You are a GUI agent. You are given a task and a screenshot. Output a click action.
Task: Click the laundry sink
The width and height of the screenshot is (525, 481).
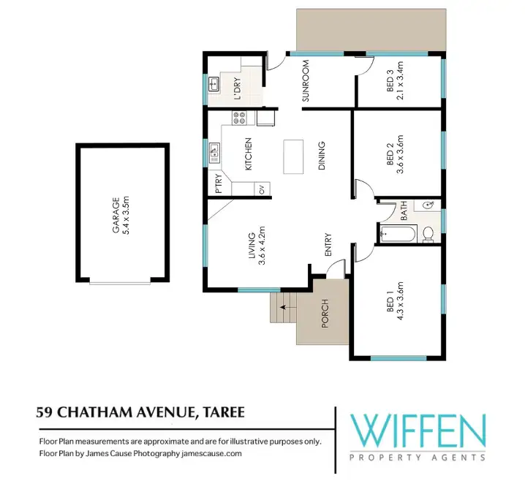[x=214, y=85]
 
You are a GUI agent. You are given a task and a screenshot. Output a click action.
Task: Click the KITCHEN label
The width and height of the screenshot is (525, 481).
[x=248, y=154]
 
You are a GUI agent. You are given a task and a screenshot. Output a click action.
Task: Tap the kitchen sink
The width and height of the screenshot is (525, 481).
[x=214, y=152]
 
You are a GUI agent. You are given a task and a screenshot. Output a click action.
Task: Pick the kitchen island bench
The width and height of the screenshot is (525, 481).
[x=294, y=156]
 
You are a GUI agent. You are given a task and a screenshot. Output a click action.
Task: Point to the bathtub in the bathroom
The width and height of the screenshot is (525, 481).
[x=397, y=235]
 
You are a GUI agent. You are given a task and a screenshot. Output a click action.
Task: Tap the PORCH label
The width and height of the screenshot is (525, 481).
[x=325, y=313]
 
